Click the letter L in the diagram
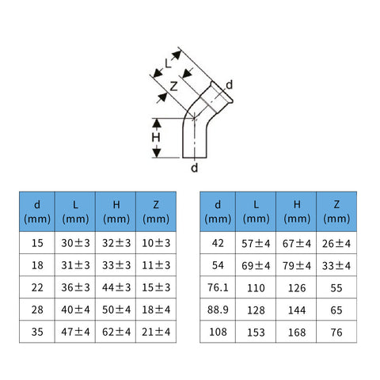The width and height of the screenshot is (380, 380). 168,63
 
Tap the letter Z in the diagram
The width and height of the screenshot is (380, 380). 173,86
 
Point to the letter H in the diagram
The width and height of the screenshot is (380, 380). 156,138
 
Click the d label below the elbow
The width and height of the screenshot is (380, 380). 195,168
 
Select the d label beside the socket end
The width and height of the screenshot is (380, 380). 230,85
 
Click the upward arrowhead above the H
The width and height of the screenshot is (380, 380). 157,123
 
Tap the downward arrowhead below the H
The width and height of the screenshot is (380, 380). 157,153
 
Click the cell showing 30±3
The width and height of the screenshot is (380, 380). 75,243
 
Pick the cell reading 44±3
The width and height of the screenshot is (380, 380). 116,287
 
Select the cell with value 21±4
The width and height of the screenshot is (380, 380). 156,332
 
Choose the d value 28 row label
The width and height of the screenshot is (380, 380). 37,310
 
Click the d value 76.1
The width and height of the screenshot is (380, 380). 218,287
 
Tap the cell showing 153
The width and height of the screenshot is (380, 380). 256,332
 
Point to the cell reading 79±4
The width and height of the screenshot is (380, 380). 297,265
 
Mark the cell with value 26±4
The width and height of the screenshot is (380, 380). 336,243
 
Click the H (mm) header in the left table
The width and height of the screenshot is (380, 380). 116,212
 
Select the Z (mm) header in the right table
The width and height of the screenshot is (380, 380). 336,211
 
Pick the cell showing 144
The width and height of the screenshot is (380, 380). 297,310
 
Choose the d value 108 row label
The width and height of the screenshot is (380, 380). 218,332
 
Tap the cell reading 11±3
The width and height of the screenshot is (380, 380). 156,265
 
